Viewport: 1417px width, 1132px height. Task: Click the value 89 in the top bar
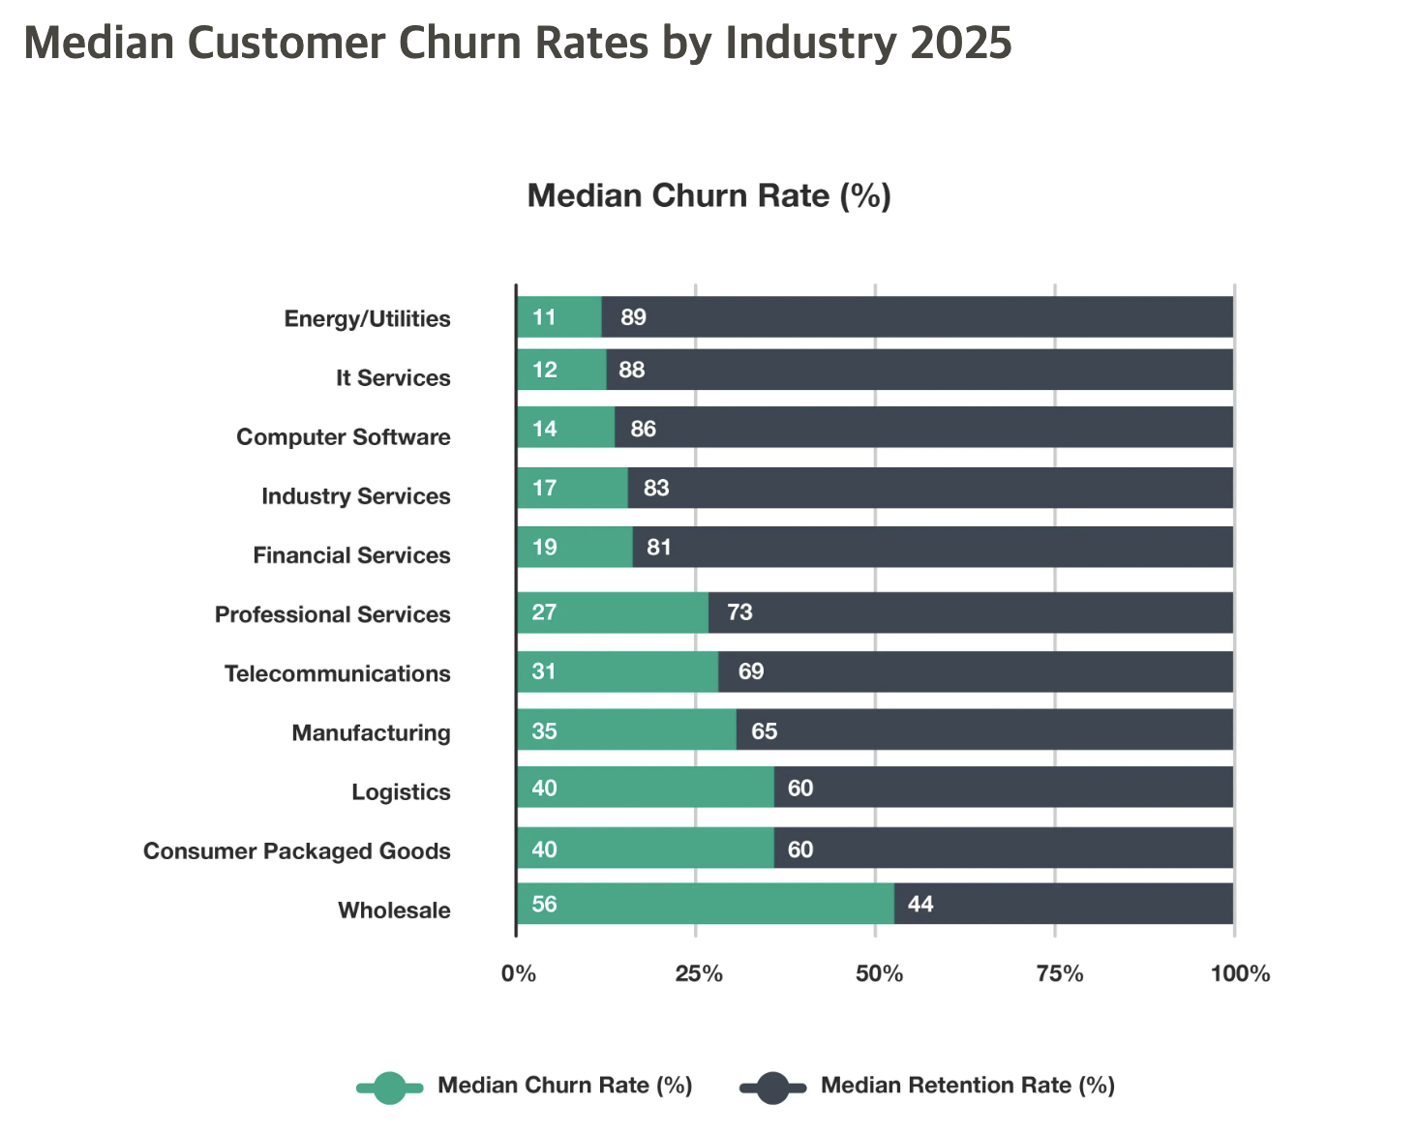[633, 317]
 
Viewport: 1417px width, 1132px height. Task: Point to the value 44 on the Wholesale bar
[920, 904]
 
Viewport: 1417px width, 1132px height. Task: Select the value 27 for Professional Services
[544, 612]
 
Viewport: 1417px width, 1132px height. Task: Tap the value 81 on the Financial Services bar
[658, 548]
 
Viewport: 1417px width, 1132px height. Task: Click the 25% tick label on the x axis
[698, 973]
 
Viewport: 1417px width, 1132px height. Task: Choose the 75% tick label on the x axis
[1059, 973]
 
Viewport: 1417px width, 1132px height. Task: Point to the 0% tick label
[519, 973]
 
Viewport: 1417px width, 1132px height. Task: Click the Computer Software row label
[344, 437]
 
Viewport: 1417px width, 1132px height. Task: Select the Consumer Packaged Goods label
[297, 851]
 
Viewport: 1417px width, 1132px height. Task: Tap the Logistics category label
[401, 792]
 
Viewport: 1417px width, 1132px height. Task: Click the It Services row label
[393, 378]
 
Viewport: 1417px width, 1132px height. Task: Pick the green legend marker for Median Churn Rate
[389, 1087]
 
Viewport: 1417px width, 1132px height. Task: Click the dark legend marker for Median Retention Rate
[772, 1087]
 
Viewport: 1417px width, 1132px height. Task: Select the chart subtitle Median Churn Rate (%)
[708, 196]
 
